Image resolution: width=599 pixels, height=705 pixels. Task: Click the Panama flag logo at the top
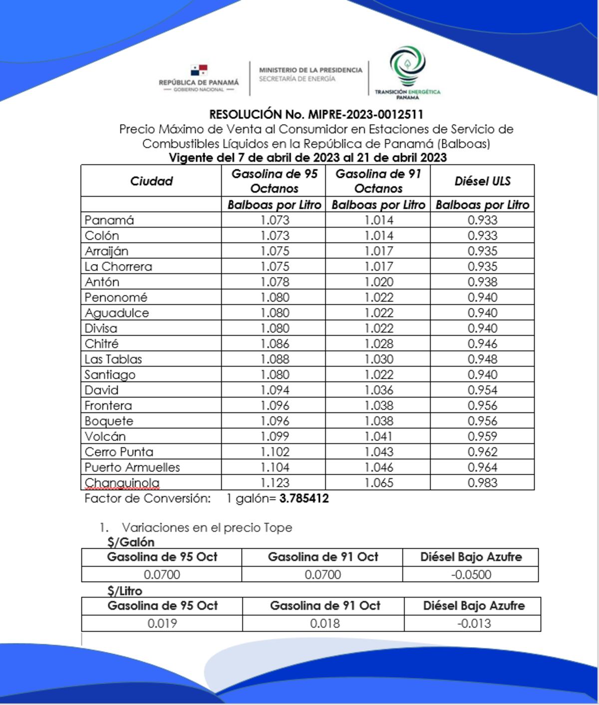[199, 70]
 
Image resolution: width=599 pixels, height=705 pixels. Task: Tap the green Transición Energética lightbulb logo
[408, 66]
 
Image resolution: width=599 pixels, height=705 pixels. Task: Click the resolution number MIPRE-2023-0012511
[365, 115]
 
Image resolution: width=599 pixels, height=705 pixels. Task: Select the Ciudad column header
[151, 181]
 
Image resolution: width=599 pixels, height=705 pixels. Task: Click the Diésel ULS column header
[482, 181]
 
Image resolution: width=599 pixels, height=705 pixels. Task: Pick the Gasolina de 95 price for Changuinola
[275, 483]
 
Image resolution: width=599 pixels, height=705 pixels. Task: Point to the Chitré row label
[101, 344]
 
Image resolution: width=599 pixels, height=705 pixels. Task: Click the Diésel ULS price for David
[482, 390]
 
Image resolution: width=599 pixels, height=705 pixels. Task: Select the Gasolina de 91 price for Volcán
[378, 436]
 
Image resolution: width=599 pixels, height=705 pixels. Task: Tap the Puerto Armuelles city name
[132, 467]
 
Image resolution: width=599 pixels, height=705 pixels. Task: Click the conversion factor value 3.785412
[304, 498]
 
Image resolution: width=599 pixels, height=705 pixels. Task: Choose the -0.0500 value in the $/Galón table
[471, 574]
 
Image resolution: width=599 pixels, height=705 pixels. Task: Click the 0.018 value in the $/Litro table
[324, 623]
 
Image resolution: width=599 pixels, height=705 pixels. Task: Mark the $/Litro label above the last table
[125, 591]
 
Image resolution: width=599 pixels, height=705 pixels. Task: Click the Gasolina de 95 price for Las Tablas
[275, 359]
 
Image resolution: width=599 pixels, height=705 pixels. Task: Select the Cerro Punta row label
[119, 452]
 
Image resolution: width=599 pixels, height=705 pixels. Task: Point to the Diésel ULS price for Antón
[482, 282]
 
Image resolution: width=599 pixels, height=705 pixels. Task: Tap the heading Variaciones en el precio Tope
[207, 528]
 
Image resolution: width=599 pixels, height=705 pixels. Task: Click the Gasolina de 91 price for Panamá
[378, 220]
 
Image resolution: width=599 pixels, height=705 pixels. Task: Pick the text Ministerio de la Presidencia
[310, 70]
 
